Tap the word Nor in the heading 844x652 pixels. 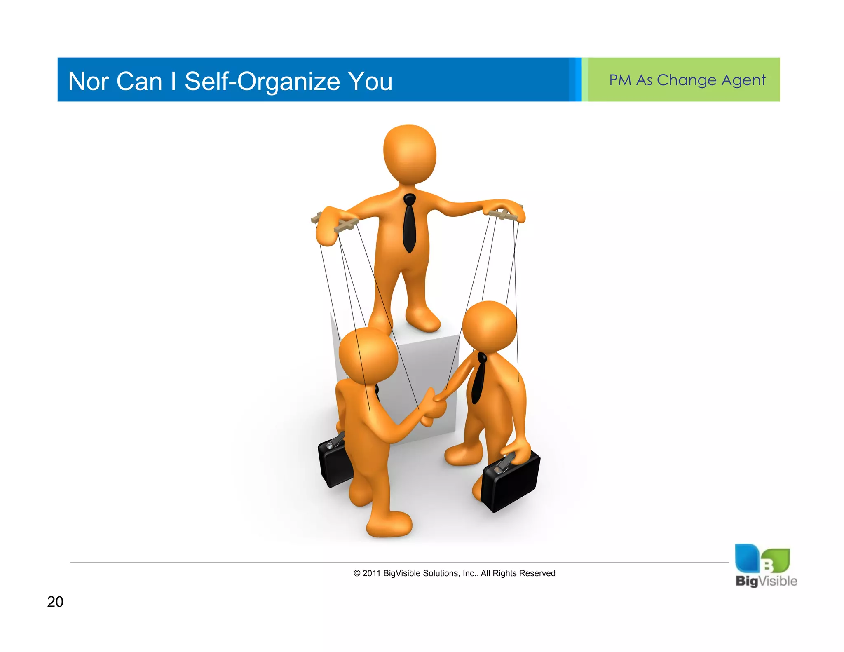88,81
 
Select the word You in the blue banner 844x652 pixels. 370,81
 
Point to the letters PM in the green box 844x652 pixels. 620,80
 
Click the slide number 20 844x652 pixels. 55,602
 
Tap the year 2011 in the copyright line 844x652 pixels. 371,573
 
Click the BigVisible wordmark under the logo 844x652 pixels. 766,581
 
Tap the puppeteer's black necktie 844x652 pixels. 409,225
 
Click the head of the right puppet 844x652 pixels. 489,326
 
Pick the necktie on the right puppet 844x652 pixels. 479,379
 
